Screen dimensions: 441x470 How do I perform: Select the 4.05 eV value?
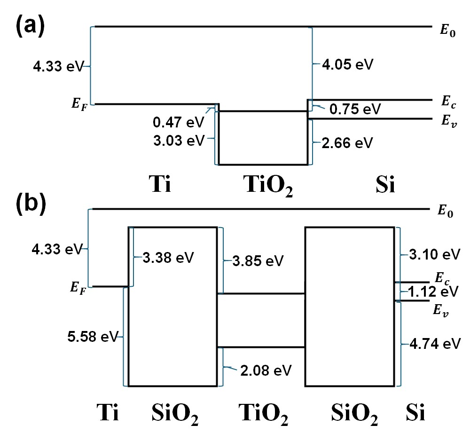coord(347,64)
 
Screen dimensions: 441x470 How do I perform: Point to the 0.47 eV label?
coord(179,123)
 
